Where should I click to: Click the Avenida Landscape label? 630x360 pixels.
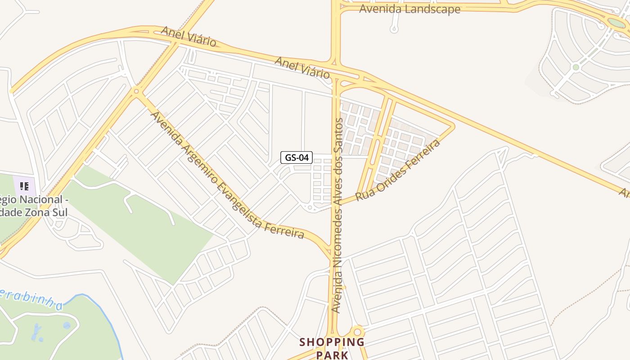coord(409,9)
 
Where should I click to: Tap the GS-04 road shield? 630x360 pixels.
coord(297,157)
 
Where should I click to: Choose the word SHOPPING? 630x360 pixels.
coord(332,342)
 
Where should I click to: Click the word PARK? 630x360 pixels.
coord(332,355)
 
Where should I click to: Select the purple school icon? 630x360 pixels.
coord(24,186)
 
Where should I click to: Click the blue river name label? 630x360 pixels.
coord(31,299)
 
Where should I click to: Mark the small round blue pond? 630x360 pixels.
coord(67,325)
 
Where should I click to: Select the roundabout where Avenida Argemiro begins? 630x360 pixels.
coord(136,91)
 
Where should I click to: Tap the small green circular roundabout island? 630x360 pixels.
coord(576,67)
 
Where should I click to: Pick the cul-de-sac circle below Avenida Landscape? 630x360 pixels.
coord(394,30)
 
